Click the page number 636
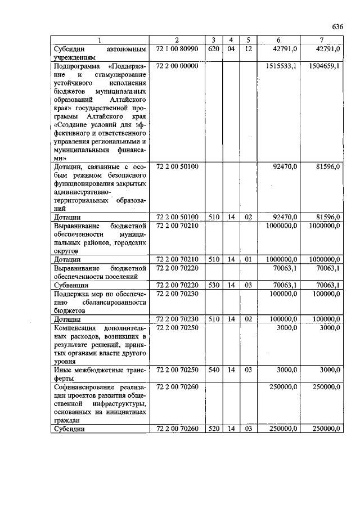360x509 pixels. [337, 26]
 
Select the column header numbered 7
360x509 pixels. [321, 40]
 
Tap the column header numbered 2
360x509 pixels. [177, 40]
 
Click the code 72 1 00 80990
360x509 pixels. [177, 49]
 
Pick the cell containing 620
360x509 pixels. [213, 49]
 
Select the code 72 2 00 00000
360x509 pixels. [177, 66]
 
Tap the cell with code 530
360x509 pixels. [213, 285]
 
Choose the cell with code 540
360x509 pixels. [213, 370]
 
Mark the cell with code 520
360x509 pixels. [213, 429]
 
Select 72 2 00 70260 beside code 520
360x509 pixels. [177, 429]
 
